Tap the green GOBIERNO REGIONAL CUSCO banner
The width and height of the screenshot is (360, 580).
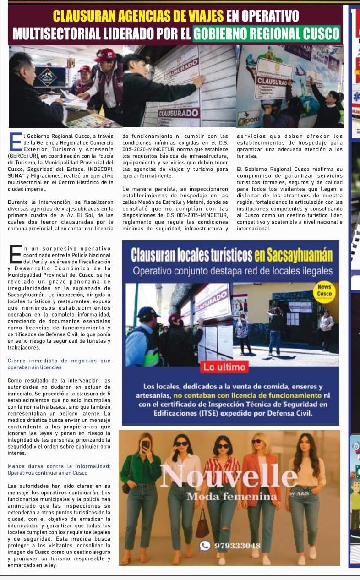coord(267,33)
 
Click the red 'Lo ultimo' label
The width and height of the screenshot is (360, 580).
coord(225,367)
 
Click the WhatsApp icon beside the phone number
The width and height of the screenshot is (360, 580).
coord(206,545)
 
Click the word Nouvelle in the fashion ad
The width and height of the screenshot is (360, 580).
coord(229,476)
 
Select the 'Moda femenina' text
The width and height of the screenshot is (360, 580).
coord(232,497)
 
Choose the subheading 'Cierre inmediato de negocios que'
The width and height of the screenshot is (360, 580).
coord(59,361)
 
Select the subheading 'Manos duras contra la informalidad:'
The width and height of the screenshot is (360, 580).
coord(59,466)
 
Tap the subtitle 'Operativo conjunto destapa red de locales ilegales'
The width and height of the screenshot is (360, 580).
coord(233,271)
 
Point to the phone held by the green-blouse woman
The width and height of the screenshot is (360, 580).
coord(146,444)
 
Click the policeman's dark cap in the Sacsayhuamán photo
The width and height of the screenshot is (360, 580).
coord(149,313)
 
